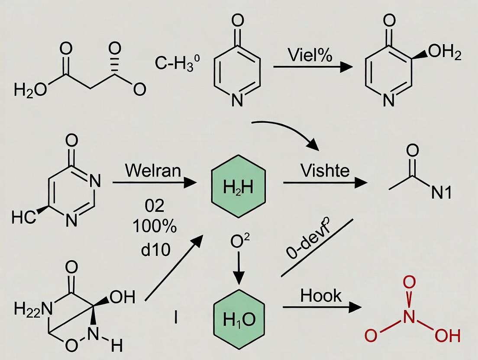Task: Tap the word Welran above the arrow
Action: coord(153,170)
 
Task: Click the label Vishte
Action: coord(325,170)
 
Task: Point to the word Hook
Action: coord(321,296)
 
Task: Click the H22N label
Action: coord(33,309)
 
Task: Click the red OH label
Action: coord(448,335)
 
